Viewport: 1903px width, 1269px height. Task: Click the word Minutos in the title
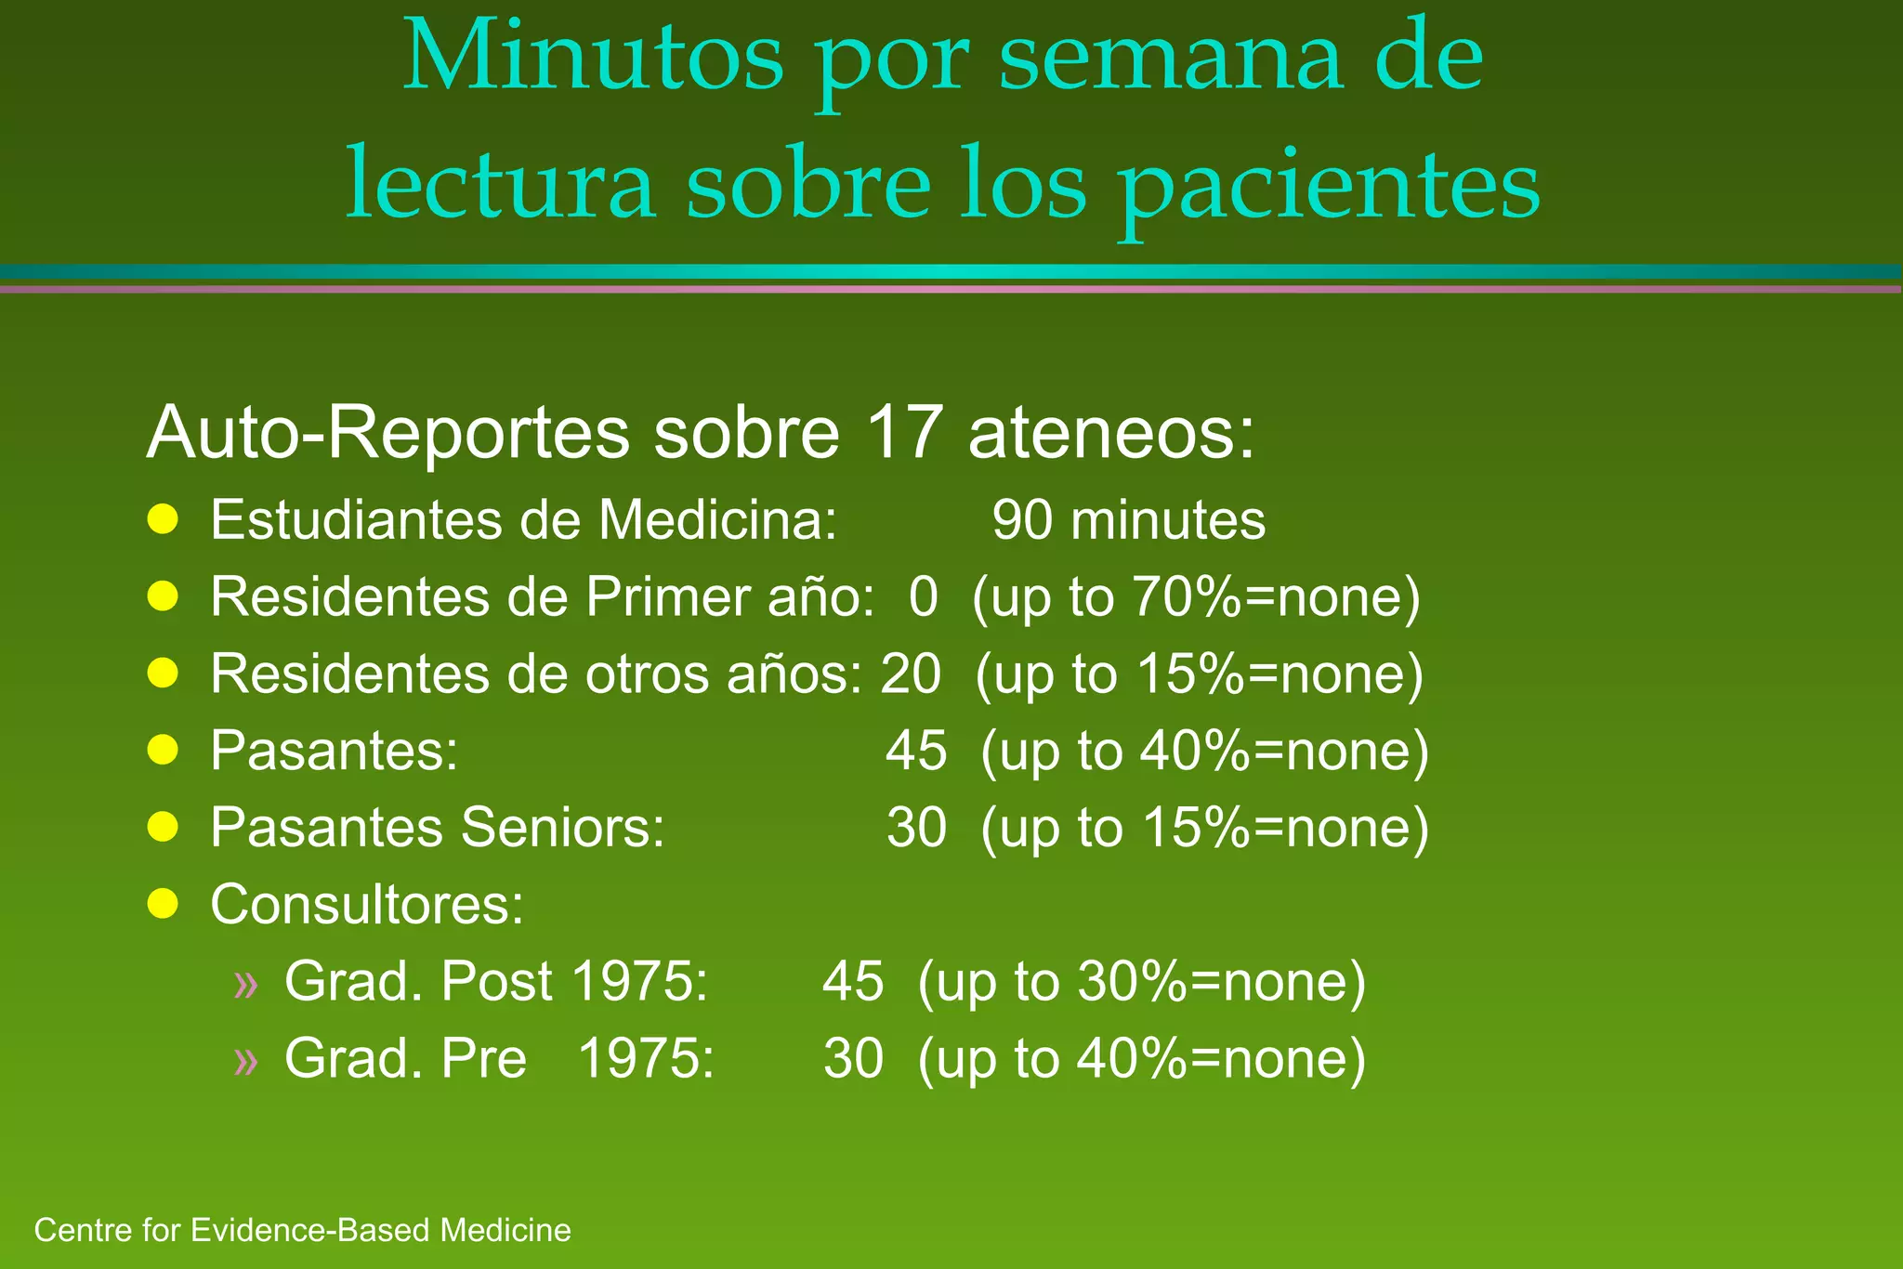click(x=593, y=58)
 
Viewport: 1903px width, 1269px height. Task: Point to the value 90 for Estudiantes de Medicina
click(x=1022, y=520)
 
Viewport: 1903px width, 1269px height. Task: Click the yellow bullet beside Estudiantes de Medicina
click(x=163, y=520)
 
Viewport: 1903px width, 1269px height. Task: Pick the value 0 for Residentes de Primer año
click(x=923, y=597)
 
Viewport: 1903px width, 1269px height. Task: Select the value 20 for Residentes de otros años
click(x=911, y=674)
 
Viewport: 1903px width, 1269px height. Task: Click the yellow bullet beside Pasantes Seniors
click(x=163, y=827)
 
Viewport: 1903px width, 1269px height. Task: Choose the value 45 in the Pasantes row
click(x=916, y=751)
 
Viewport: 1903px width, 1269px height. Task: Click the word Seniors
click(x=563, y=828)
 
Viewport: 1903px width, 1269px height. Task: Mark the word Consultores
click(x=367, y=904)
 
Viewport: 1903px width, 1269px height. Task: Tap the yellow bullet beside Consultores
click(x=163, y=903)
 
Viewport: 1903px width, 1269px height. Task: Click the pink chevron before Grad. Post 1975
click(x=246, y=983)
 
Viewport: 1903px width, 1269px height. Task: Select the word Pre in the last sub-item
click(x=484, y=1058)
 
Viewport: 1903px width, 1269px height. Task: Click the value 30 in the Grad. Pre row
click(x=853, y=1058)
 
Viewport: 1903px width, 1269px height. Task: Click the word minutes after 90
click(x=1167, y=520)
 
